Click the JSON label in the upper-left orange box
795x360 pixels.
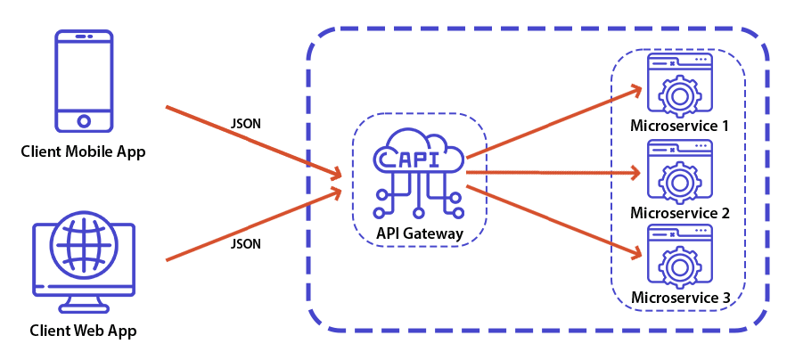pyautogui.click(x=246, y=124)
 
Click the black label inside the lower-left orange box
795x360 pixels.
pyautogui.click(x=245, y=243)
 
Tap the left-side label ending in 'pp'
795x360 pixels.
pyautogui.click(x=83, y=153)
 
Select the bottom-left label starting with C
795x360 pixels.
pyautogui.click(x=83, y=331)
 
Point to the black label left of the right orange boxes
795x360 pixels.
pyautogui.click(x=420, y=235)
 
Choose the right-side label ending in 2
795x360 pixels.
pyautogui.click(x=679, y=213)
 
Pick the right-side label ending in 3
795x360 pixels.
pyautogui.click(x=680, y=298)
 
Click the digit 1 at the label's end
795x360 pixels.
pyautogui.click(x=725, y=126)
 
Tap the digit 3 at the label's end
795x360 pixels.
pyautogui.click(x=725, y=298)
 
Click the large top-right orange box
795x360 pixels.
pyautogui.click(x=548, y=120)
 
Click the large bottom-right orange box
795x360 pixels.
pyautogui.click(x=548, y=223)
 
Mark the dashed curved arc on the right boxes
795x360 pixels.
pyautogui.click(x=485, y=178)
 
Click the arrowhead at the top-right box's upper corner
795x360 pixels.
pyautogui.click(x=637, y=90)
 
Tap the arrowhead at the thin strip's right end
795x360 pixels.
pyautogui.click(x=638, y=172)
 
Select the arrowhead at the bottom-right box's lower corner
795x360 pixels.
pyautogui.click(x=637, y=256)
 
